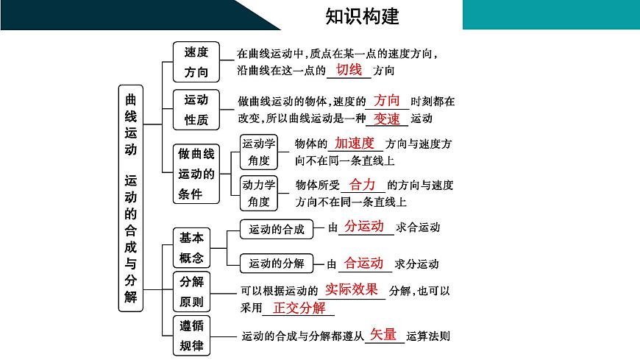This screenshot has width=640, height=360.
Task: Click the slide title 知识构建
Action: point(362,15)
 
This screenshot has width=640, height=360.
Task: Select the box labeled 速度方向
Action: point(196,62)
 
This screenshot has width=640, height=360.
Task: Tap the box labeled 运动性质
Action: point(196,109)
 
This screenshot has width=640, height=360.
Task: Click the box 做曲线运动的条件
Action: point(196,174)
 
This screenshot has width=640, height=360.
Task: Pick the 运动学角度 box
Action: point(258,151)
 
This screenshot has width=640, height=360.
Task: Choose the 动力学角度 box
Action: point(258,192)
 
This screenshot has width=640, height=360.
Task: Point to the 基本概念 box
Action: point(191,247)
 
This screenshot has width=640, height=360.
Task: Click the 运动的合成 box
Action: point(277,229)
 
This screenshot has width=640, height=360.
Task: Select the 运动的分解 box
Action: point(277,263)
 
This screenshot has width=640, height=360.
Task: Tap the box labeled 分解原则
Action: point(191,292)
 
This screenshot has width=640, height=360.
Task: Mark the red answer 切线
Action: point(349,69)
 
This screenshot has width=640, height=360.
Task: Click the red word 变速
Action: point(386,118)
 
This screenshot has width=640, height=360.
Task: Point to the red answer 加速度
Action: point(355,143)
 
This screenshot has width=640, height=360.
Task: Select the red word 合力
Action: point(362,185)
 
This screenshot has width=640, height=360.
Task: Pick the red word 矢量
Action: point(383,334)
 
